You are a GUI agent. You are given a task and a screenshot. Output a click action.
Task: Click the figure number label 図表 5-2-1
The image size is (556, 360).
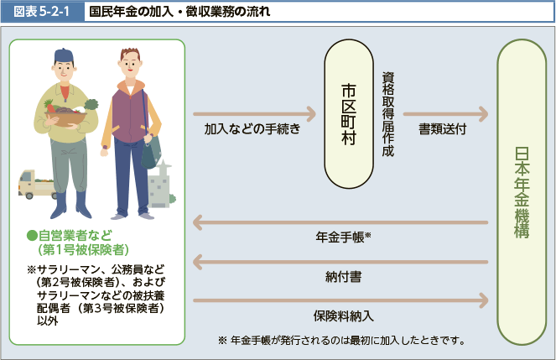tap(41, 12)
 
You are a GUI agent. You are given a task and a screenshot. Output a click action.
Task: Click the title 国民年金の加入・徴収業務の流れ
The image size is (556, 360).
tap(179, 12)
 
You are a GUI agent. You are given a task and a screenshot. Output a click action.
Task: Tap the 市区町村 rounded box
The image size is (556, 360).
tap(349, 114)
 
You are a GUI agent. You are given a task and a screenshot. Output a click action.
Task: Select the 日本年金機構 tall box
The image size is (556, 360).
tap(522, 192)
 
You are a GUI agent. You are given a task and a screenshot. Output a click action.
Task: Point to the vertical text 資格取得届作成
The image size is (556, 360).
tap(388, 114)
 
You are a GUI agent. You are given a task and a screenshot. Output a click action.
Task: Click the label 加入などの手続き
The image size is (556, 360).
tap(252, 128)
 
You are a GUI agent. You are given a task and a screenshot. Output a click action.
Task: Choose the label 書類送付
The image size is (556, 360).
tap(443, 128)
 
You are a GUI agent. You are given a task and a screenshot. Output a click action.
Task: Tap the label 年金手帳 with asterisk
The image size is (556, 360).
tap(343, 237)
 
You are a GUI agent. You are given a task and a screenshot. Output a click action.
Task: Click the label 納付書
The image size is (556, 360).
tap(343, 276)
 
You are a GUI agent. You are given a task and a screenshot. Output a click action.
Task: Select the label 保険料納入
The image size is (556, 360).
tap(343, 316)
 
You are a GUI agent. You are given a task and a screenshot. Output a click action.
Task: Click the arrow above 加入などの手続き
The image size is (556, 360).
tap(255, 114)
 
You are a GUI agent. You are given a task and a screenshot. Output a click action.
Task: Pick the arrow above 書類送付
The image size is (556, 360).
tap(445, 114)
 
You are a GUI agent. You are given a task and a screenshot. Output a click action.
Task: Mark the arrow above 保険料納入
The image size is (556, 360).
tap(340, 300)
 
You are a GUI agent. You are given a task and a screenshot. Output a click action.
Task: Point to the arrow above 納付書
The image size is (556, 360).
tap(340, 262)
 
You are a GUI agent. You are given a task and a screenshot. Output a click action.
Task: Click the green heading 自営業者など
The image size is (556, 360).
tap(70, 235)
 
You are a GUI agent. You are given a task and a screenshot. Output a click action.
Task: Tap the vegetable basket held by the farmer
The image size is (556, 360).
tap(66, 113)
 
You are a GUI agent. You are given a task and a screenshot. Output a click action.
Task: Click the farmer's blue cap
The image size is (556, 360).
tap(64, 55)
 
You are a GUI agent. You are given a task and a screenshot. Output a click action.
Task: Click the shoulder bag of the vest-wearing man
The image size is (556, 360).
tap(152, 152)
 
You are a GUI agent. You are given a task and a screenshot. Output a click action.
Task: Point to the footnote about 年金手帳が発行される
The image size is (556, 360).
tap(342, 341)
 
